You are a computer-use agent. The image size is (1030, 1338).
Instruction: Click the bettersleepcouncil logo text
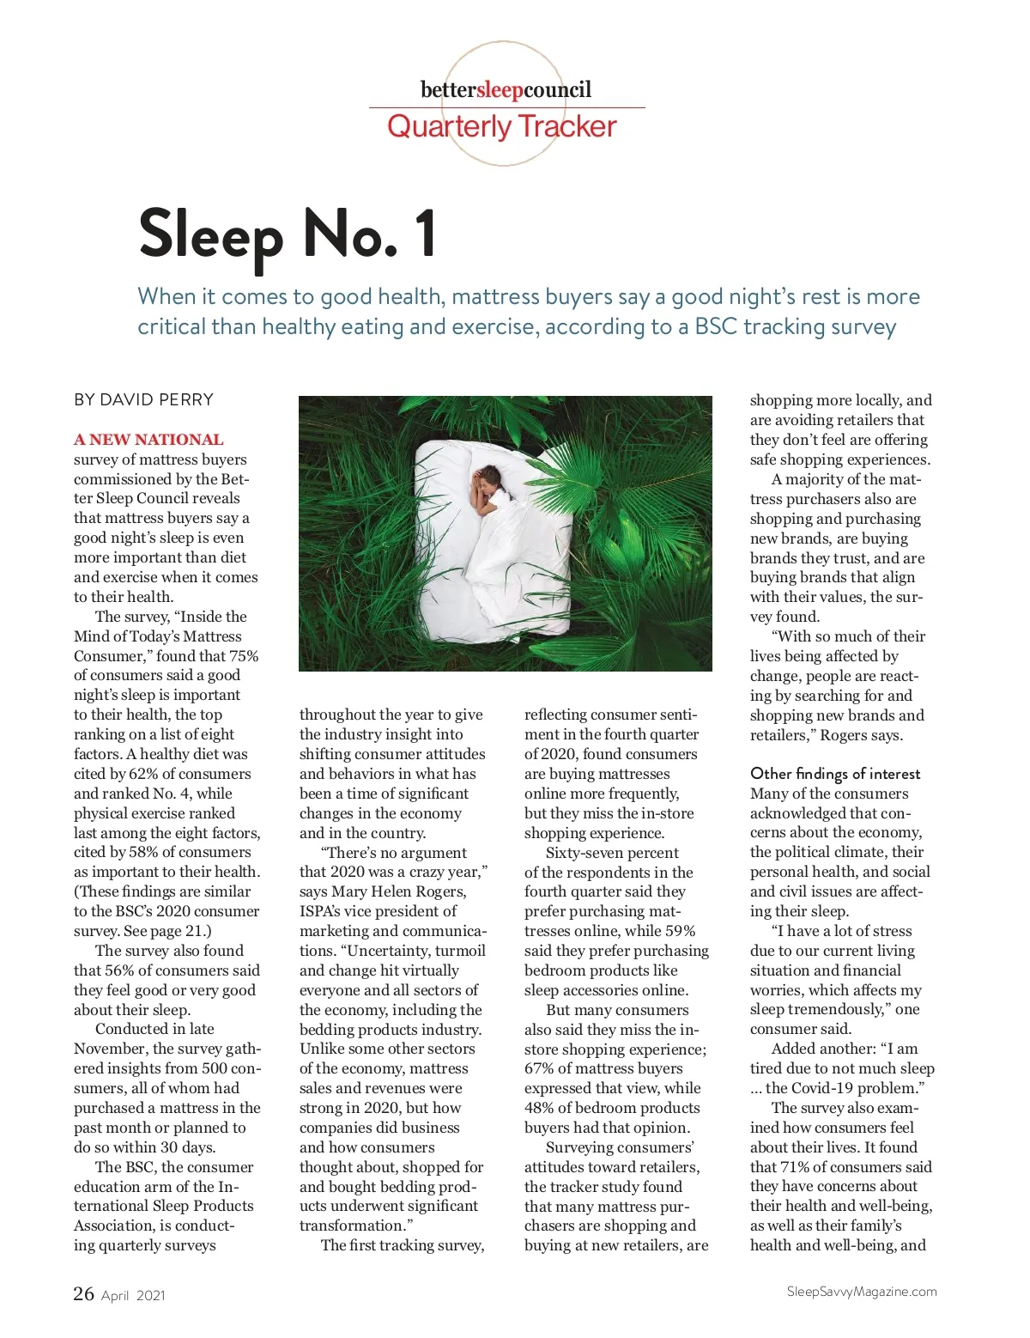click(506, 90)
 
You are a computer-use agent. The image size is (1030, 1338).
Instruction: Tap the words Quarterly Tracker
click(501, 127)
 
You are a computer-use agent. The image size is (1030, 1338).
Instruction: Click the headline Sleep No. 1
click(287, 234)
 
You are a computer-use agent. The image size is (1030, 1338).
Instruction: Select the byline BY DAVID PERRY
click(143, 399)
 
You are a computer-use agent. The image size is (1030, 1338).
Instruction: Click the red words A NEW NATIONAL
click(148, 440)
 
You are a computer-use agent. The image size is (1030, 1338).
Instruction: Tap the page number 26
click(83, 1293)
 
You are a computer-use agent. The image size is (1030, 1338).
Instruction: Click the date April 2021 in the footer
click(133, 1296)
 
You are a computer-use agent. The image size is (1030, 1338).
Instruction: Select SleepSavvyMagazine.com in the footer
click(862, 1292)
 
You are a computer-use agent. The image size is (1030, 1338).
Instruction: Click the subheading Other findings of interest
click(835, 774)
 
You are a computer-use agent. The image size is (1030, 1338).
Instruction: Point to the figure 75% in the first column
click(243, 656)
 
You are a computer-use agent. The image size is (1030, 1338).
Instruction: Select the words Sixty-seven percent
click(612, 853)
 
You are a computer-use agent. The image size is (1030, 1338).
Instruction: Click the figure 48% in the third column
click(541, 1108)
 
